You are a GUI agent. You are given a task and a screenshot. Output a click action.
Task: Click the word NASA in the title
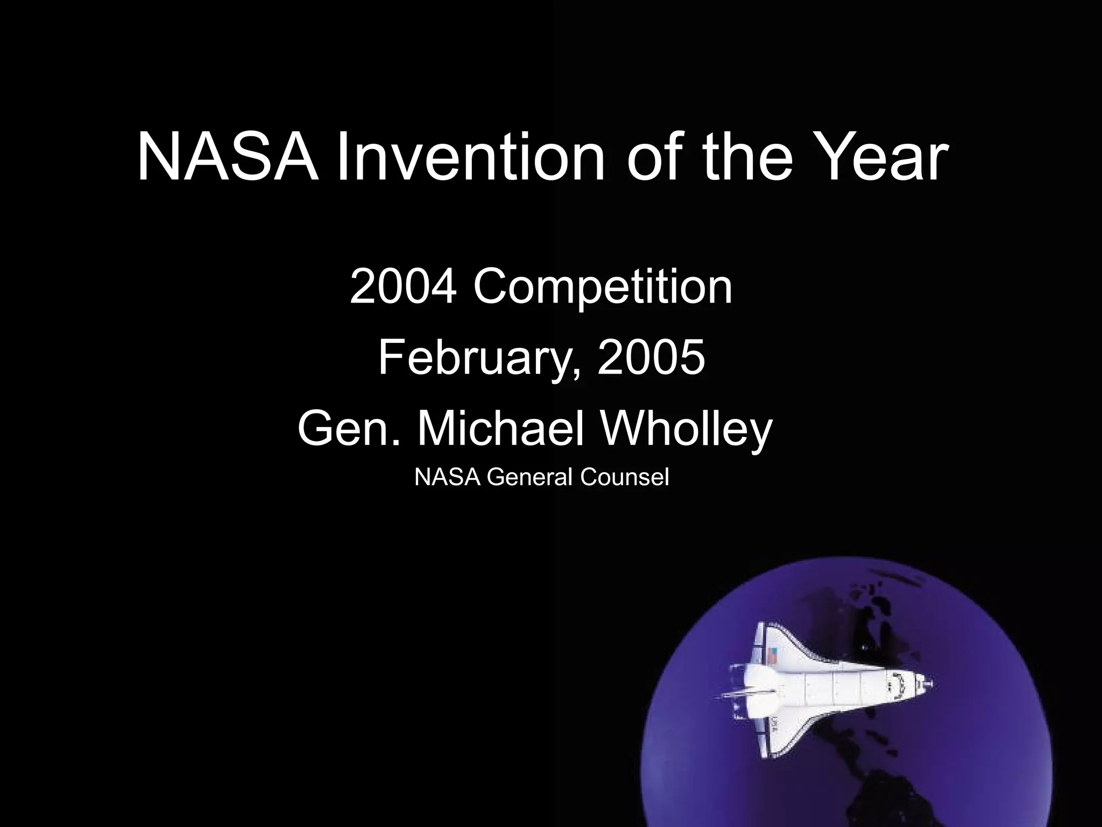tap(227, 158)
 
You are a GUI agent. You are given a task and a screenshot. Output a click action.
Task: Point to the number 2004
tap(404, 286)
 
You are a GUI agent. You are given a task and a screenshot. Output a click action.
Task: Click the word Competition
tap(603, 288)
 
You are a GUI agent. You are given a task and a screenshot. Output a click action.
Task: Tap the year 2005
tap(651, 358)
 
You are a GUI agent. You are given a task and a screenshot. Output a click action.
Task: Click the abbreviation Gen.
tap(350, 430)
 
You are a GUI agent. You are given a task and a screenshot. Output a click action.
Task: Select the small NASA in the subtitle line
tap(447, 477)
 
